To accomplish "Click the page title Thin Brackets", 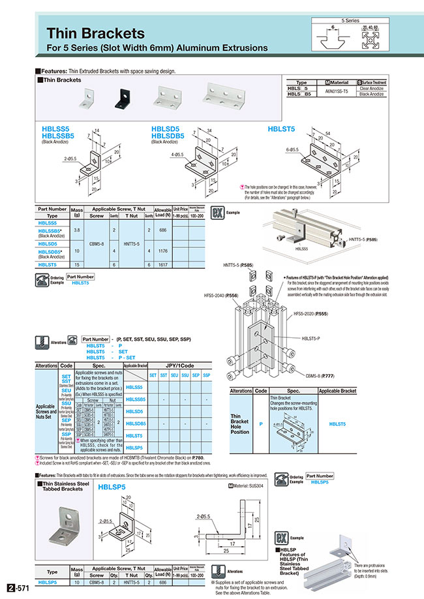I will click(95, 33).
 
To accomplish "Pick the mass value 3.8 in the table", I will click(77, 230).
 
